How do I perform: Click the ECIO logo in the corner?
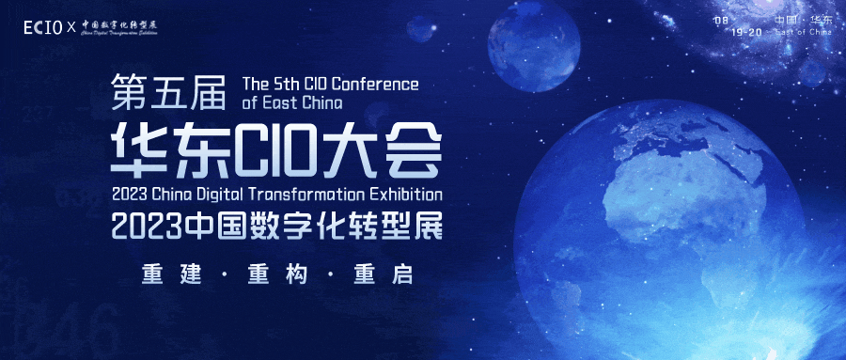point(43,27)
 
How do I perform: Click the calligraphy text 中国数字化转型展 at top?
point(117,25)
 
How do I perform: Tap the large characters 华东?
point(168,149)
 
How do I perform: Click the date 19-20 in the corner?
point(752,31)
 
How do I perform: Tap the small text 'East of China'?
point(804,31)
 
